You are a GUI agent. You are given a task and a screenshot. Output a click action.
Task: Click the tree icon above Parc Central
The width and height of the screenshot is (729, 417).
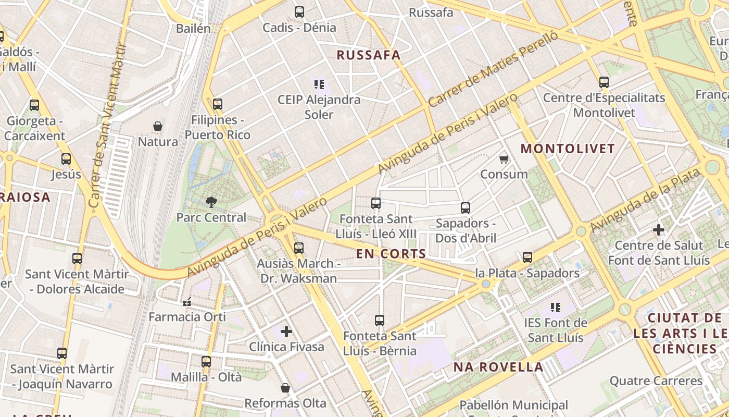[x=211, y=202]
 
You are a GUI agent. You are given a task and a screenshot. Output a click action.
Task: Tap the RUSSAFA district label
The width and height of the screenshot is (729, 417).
[x=369, y=55]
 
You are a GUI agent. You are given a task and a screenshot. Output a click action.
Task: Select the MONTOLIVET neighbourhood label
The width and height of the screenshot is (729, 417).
[x=568, y=149]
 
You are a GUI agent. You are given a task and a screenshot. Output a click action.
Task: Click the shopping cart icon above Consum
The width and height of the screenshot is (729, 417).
[x=504, y=159]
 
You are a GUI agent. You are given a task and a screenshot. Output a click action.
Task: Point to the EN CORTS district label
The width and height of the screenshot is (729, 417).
[x=391, y=254]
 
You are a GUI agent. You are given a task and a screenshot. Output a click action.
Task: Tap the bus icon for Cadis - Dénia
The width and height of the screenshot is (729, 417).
[x=299, y=11]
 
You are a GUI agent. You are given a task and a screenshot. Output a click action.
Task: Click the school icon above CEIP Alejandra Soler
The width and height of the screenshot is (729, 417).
[x=319, y=84]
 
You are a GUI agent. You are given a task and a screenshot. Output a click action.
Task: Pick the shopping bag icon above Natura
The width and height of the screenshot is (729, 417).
[x=158, y=126]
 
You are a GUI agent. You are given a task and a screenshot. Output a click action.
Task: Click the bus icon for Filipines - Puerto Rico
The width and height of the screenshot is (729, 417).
[x=218, y=104]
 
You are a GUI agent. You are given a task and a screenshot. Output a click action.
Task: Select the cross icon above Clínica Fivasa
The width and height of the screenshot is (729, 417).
[x=286, y=331]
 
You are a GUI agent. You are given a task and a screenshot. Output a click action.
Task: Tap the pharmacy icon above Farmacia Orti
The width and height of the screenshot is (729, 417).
[x=187, y=301]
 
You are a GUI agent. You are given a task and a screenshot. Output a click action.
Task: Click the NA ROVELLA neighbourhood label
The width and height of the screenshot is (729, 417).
[x=498, y=367]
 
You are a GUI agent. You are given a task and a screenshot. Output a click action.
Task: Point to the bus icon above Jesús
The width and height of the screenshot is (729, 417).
[x=66, y=159]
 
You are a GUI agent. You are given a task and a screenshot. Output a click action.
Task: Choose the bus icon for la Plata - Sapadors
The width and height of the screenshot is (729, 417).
[x=527, y=257]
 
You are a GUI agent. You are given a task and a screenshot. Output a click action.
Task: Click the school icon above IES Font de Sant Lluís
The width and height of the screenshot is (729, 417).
[x=556, y=308]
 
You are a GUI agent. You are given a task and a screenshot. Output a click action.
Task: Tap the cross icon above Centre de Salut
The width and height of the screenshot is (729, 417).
[x=659, y=229]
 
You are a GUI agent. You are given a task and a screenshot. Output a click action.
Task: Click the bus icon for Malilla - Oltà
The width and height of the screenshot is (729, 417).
[x=206, y=361]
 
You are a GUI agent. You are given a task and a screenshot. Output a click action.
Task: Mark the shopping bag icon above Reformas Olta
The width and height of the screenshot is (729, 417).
[x=285, y=388]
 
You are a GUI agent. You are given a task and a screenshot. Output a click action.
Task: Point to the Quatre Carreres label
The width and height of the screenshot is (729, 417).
[x=656, y=381]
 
